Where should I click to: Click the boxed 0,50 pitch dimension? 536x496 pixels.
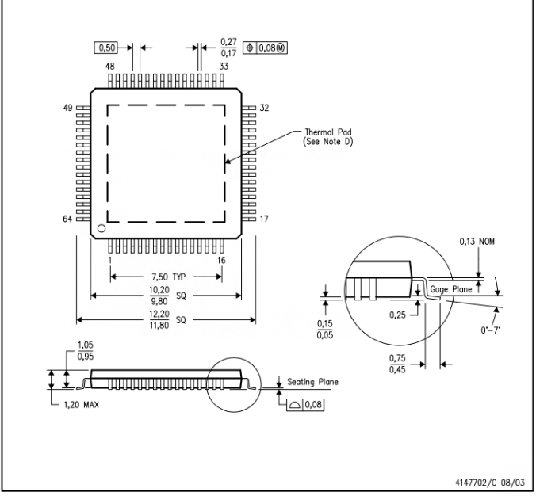(105, 48)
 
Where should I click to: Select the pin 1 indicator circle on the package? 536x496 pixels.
(101, 228)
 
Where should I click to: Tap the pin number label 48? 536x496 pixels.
(110, 66)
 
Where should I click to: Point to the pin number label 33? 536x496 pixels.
(224, 66)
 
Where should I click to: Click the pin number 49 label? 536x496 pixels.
(67, 108)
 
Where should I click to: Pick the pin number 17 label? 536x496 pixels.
(264, 219)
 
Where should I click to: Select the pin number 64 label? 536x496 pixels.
(67, 219)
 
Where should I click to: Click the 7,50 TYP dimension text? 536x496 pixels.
(169, 277)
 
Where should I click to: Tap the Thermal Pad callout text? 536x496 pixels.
(327, 136)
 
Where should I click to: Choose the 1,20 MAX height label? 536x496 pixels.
(82, 405)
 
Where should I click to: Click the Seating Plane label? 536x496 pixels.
(312, 382)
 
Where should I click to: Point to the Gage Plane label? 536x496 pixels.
(451, 289)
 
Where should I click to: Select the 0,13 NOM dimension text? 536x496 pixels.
(477, 242)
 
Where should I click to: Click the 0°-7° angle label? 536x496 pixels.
(491, 330)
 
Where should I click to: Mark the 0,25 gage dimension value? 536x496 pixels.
(397, 315)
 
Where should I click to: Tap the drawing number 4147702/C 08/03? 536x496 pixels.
(490, 483)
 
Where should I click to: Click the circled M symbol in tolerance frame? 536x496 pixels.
(281, 48)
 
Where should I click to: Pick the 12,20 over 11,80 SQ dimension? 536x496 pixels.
(167, 320)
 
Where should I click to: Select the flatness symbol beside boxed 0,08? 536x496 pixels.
(294, 405)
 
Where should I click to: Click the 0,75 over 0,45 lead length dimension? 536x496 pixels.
(397, 364)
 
